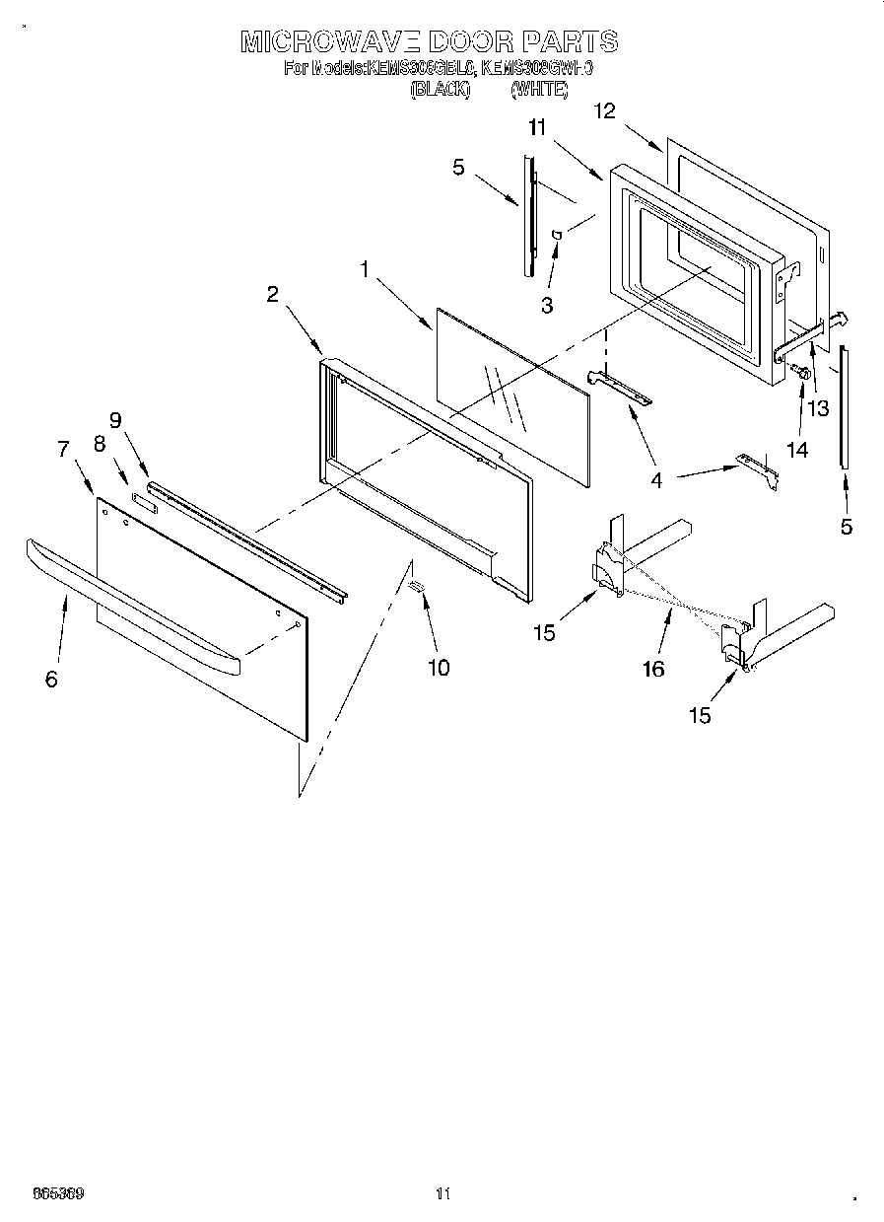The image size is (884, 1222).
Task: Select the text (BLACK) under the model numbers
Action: pos(439,90)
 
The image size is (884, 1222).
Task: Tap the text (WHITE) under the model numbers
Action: pos(539,90)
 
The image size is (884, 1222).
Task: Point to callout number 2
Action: pos(272,293)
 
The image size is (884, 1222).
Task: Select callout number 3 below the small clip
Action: pos(547,305)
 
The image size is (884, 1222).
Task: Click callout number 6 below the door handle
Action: pos(51,679)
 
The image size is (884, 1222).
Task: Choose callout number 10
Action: pos(438,668)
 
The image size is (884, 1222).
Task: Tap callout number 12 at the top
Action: pos(604,110)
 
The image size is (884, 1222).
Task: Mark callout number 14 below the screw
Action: pos(796,450)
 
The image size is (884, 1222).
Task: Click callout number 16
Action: pos(652,669)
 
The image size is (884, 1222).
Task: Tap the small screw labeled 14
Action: pos(801,373)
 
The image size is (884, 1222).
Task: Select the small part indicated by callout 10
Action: pos(417,587)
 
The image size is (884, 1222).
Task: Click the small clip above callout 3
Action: pos(558,234)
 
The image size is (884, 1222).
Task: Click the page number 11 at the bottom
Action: pos(442,1193)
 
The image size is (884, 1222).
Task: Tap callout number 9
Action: pos(116,419)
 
